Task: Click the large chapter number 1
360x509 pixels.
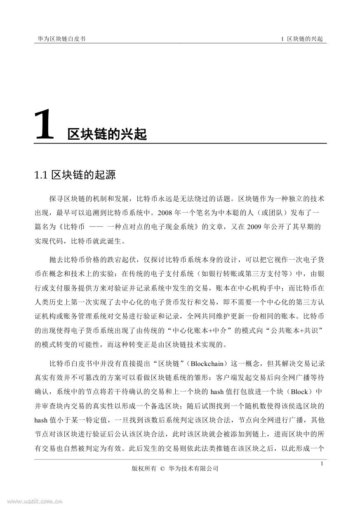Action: [x=45, y=124]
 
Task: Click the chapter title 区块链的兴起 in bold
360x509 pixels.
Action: [x=107, y=134]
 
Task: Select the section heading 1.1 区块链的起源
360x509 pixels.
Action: [x=75, y=175]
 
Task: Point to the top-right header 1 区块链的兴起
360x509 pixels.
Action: [x=301, y=39]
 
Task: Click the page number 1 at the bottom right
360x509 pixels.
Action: [x=322, y=464]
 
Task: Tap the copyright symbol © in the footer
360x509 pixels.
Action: [x=162, y=468]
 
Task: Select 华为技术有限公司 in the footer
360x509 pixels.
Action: [x=193, y=468]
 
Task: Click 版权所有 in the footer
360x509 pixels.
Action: [x=143, y=468]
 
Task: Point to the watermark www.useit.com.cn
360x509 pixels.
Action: [x=31, y=502]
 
